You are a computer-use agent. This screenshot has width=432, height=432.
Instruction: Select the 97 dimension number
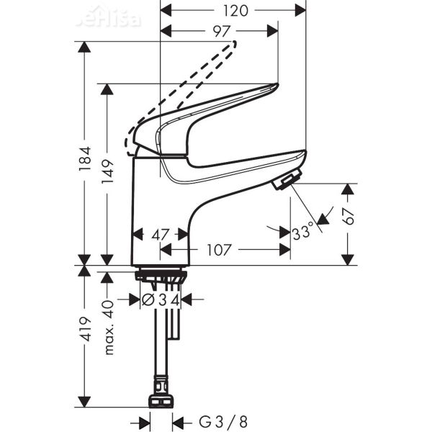pos(221,31)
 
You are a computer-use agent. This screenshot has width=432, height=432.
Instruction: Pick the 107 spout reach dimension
pos(218,251)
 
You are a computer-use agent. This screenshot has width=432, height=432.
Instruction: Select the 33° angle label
pos(303,233)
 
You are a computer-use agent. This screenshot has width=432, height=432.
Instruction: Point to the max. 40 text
pos(109,328)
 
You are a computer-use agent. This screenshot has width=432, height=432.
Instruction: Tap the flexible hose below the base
pos(159,346)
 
